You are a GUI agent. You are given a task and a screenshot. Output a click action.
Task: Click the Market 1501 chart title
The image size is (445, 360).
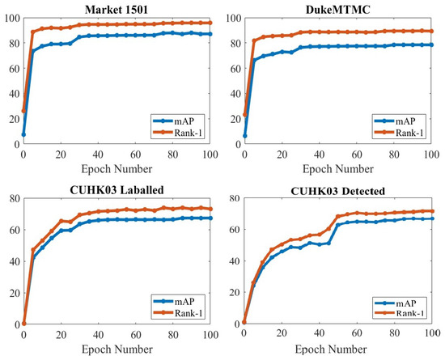(116, 7)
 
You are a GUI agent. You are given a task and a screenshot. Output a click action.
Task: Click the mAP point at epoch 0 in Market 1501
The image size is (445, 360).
(23, 134)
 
